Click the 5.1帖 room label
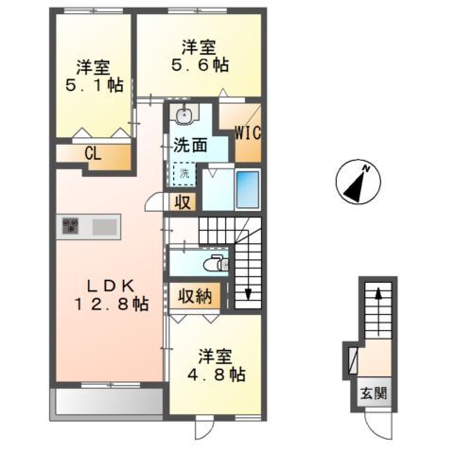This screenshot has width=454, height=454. click(x=92, y=77)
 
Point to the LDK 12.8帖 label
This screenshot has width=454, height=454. click(x=112, y=294)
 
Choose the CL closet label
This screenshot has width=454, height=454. click(x=93, y=155)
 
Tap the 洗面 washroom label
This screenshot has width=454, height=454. click(x=190, y=146)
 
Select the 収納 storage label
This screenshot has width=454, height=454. click(x=195, y=296)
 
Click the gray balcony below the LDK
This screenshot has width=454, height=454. click(x=106, y=401)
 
